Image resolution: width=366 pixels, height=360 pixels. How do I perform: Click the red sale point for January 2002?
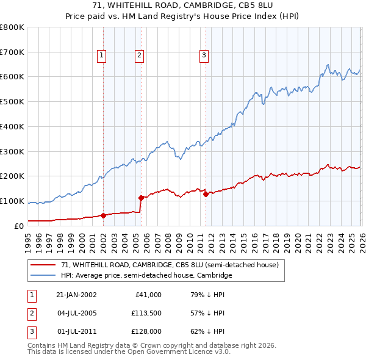103,215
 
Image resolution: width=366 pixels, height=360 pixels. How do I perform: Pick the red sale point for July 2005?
141,198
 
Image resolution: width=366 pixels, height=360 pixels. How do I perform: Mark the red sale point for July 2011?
206,194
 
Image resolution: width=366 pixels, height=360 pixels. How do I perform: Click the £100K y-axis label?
12,201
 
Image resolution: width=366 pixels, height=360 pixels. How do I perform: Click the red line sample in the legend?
43,265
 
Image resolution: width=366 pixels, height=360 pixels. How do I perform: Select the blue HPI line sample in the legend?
43,275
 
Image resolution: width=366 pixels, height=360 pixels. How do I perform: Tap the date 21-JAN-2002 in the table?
76,295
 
